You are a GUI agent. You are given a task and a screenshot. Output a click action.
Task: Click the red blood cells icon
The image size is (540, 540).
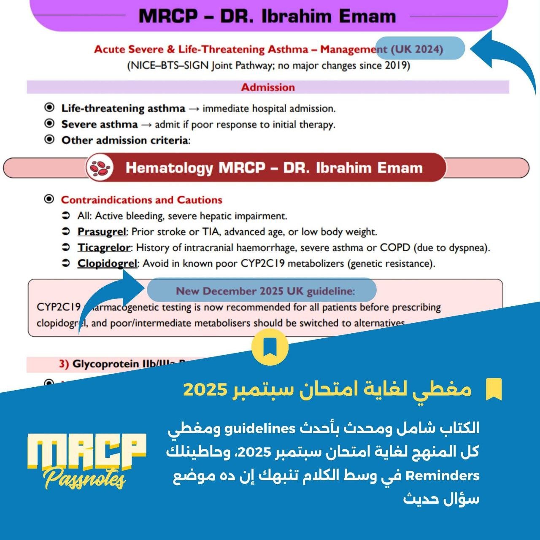click(100, 167)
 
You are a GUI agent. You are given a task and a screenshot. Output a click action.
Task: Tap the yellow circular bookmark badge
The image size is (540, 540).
click(270, 347)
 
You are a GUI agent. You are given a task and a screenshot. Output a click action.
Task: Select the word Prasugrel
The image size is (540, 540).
click(102, 232)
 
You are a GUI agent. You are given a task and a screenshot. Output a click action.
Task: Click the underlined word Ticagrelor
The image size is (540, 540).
click(104, 248)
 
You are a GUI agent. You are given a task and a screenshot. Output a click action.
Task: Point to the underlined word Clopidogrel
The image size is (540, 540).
click(107, 264)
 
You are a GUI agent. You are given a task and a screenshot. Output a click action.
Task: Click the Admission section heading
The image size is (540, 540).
click(268, 87)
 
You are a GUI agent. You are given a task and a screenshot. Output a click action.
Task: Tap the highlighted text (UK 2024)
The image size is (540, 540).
click(417, 49)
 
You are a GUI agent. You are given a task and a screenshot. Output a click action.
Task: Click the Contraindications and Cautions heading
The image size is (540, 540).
click(141, 200)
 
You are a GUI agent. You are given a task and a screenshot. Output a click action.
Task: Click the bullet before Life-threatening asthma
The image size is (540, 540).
click(49, 108)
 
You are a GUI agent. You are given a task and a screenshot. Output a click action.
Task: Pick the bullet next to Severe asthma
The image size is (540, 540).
click(49, 124)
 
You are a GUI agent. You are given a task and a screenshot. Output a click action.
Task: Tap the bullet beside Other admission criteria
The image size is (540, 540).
click(49, 140)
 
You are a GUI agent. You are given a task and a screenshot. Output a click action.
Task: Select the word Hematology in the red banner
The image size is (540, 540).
click(169, 168)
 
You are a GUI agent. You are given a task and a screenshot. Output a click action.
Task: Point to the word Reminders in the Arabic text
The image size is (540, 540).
click(443, 476)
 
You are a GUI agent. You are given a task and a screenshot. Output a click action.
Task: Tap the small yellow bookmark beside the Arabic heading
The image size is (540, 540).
click(494, 389)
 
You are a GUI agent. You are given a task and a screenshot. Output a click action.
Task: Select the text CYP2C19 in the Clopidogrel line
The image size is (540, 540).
click(262, 264)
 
